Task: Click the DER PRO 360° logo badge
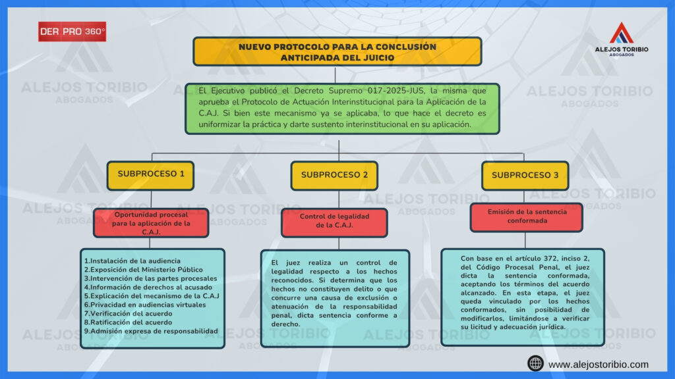pos(72,32)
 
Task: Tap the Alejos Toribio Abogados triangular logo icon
pos(621,33)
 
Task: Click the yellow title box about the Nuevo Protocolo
pos(337,52)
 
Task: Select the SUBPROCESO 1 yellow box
pos(151,175)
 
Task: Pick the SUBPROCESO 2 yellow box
pos(334,175)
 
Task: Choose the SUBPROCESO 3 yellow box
pos(525,175)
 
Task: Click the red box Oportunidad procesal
pos(151,223)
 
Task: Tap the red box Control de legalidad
pos(334,220)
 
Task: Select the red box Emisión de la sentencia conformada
pos(526,216)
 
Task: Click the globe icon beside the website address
pos(535,364)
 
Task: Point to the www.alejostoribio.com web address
pos(598,365)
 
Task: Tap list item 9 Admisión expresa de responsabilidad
pos(151,331)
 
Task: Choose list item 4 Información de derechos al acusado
pos(149,288)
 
